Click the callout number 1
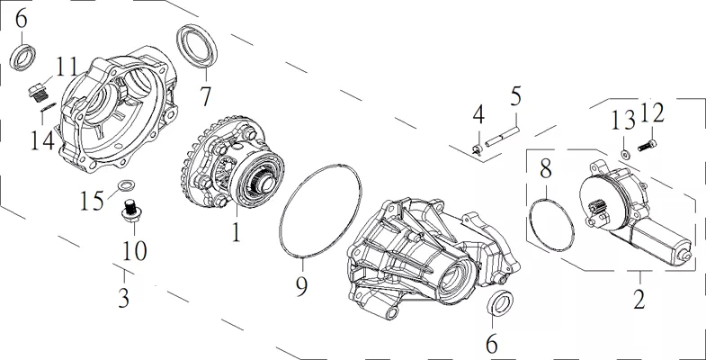pyautogui.click(x=236, y=231)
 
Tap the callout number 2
pyautogui.click(x=639, y=299)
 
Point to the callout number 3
pyautogui.click(x=123, y=298)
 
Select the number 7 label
pyautogui.click(x=205, y=96)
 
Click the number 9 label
pyautogui.click(x=301, y=285)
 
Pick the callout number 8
pyautogui.click(x=545, y=169)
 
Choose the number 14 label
pyautogui.click(x=42, y=140)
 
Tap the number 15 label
pyautogui.click(x=93, y=200)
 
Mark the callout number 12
pyautogui.click(x=652, y=113)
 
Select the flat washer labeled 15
pyautogui.click(x=126, y=184)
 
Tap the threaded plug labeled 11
pyautogui.click(x=39, y=92)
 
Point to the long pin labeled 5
pyautogui.click(x=503, y=136)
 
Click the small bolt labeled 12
pyautogui.click(x=647, y=145)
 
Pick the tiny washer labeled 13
pyautogui.click(x=625, y=155)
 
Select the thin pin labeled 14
pyautogui.click(x=49, y=107)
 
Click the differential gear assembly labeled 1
pyautogui.click(x=232, y=163)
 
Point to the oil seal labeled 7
pyautogui.click(x=197, y=47)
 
